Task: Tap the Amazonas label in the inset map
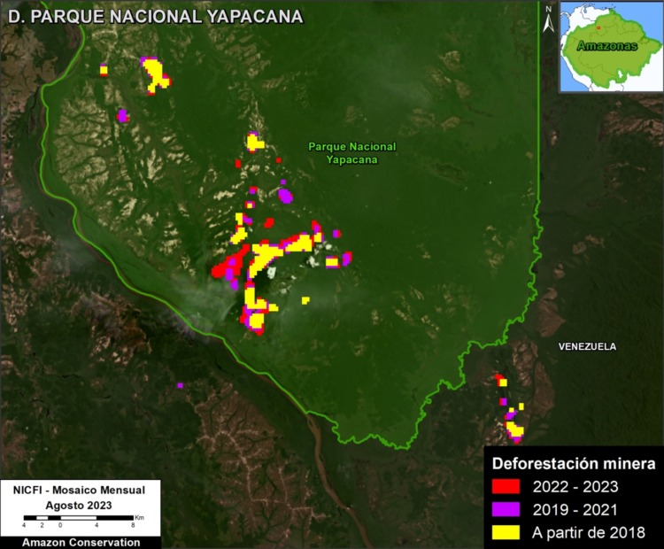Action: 606,46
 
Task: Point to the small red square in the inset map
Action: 598,27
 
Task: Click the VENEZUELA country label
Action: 587,346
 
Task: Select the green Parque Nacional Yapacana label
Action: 351,153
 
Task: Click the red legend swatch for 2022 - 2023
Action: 506,486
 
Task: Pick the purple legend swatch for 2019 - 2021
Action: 506,509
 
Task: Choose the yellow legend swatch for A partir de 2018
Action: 506,532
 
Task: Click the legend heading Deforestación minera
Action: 573,463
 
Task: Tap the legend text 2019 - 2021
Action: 575,509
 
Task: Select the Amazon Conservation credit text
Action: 81,541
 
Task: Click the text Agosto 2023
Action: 81,502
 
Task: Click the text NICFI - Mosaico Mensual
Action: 81,489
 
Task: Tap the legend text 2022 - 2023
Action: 575,486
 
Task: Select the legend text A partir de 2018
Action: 588,532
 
